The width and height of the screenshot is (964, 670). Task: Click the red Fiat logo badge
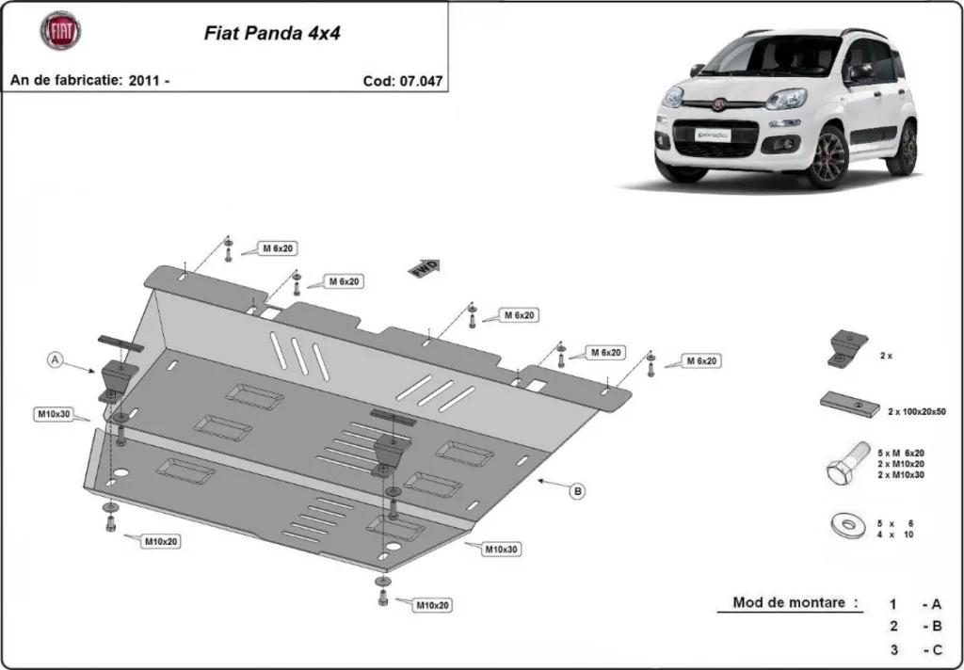(61, 31)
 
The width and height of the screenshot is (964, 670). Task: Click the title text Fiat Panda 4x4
(272, 33)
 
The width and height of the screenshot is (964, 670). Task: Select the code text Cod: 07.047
(403, 81)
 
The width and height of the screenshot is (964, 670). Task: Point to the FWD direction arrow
(425, 268)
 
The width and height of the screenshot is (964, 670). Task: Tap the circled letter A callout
(56, 359)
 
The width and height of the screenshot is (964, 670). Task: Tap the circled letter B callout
(577, 490)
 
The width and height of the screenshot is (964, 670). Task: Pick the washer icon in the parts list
(847, 525)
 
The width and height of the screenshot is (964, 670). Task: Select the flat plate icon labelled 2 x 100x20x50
(850, 404)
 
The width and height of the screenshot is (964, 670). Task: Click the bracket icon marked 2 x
(847, 348)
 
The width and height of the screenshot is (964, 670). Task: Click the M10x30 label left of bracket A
(54, 414)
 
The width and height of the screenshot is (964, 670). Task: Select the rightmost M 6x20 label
(699, 361)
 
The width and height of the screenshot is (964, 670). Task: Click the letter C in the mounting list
(937, 649)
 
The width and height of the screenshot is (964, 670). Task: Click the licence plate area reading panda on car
(712, 135)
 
